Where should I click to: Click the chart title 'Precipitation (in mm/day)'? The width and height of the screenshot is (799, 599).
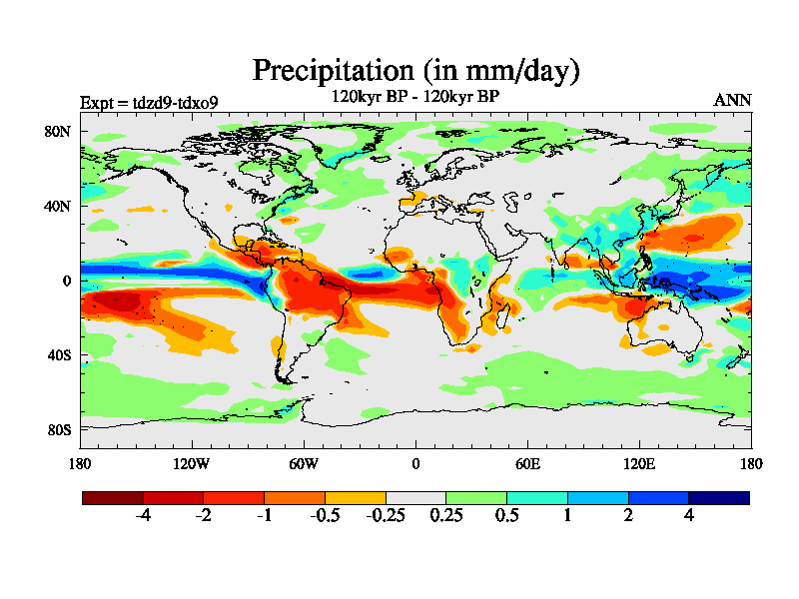(x=415, y=71)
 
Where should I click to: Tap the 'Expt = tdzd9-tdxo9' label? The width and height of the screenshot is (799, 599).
(x=149, y=102)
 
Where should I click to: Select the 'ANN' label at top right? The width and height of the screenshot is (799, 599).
(x=733, y=100)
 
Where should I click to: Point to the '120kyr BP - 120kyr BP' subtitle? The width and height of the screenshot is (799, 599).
(x=414, y=96)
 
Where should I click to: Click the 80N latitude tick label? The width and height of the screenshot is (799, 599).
(x=57, y=132)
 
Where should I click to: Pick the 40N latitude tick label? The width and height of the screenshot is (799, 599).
(x=57, y=207)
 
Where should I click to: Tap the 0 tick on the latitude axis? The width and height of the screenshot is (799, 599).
(x=66, y=281)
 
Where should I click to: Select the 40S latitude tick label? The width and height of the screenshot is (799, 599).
(x=58, y=355)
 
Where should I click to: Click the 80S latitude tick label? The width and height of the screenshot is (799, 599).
(x=58, y=429)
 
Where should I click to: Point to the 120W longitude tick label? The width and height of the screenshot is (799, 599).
(x=192, y=463)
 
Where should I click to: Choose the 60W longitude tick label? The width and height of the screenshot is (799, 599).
(x=304, y=463)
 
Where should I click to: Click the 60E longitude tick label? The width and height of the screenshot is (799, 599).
(x=527, y=463)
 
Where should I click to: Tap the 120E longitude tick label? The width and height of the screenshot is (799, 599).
(x=639, y=463)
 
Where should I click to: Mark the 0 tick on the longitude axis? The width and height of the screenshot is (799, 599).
(x=415, y=463)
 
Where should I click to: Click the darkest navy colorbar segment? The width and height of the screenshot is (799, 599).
(x=718, y=497)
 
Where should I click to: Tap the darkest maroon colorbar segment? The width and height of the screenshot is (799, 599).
(x=113, y=497)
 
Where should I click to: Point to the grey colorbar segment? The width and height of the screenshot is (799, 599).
(x=415, y=497)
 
